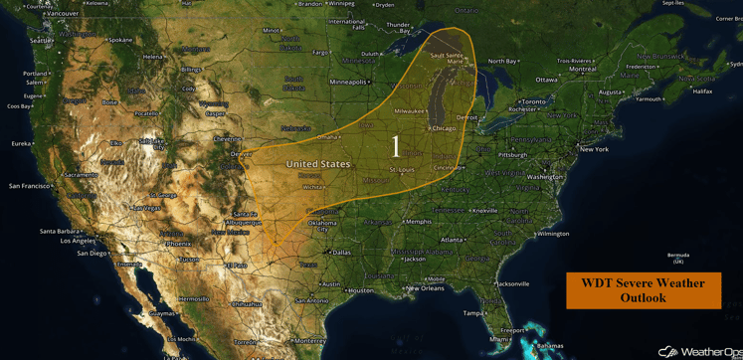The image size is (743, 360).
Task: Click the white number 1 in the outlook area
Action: click(x=396, y=147)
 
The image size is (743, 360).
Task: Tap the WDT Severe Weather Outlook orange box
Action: click(x=644, y=290)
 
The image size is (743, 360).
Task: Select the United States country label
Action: click(x=318, y=164)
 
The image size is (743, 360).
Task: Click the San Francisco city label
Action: click(x=29, y=186)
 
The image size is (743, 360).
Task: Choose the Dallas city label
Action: click(x=341, y=253)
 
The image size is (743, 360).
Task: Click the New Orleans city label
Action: click(x=425, y=288)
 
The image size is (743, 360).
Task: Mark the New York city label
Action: click(x=594, y=149)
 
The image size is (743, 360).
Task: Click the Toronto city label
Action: click(x=534, y=101)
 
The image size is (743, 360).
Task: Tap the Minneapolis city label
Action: click(x=348, y=82)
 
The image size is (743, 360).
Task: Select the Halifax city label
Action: click(x=702, y=91)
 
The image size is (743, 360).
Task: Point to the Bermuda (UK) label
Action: click(x=678, y=259)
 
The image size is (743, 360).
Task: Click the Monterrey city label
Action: click(x=310, y=340)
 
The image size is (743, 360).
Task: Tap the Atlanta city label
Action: click(x=454, y=240)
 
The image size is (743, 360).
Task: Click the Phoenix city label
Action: click(x=178, y=244)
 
